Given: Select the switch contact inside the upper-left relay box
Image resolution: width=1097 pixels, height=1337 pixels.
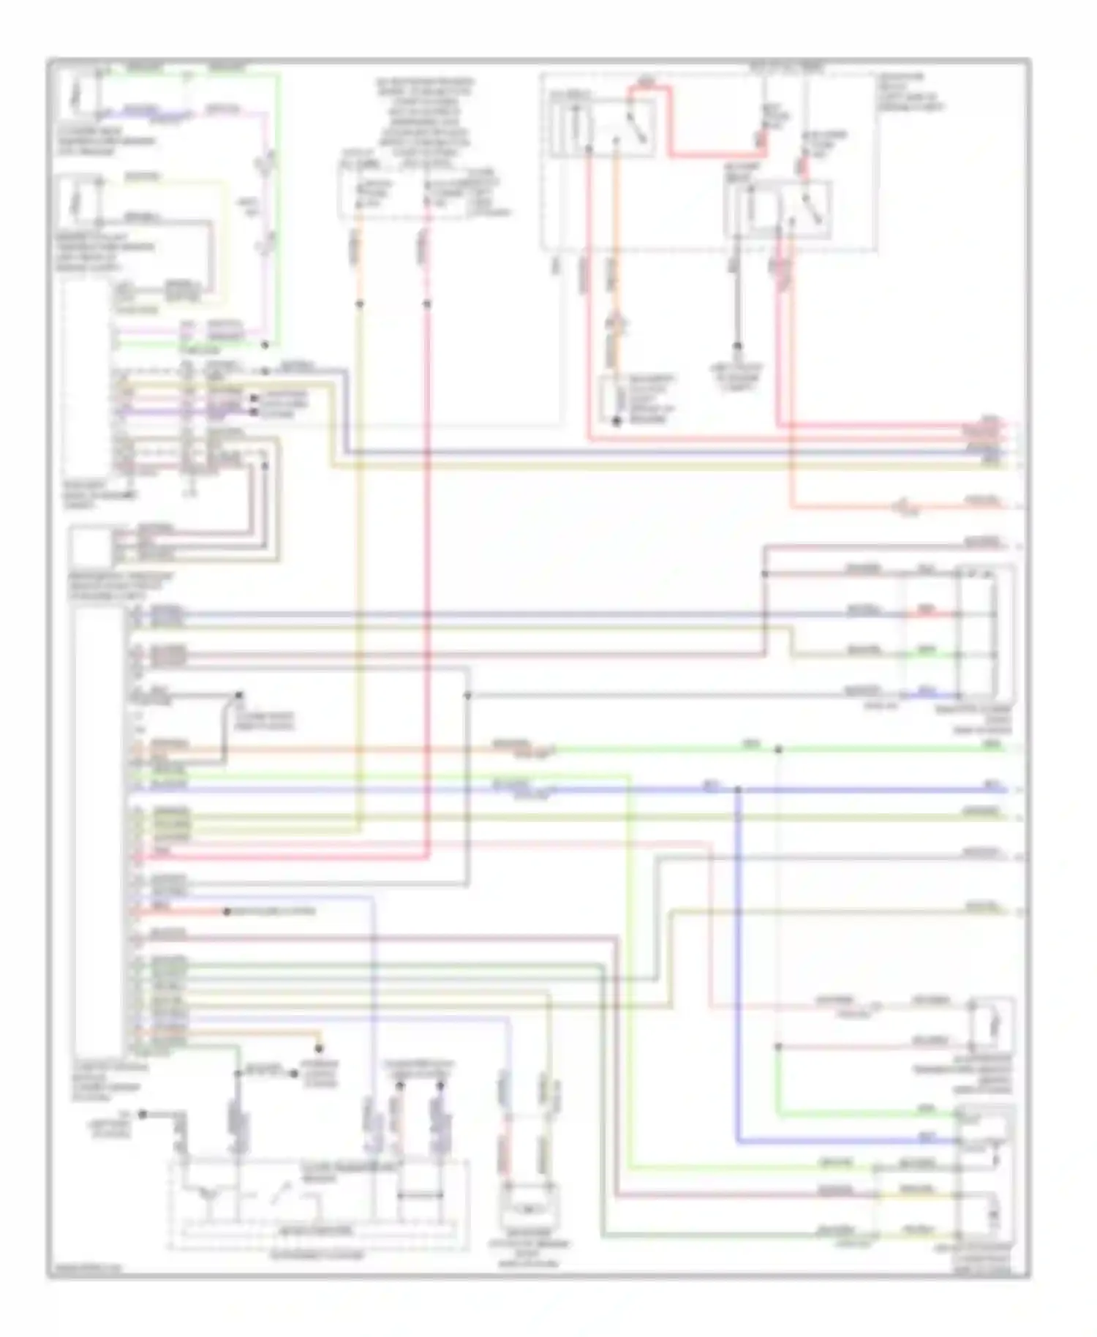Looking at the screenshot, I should click(636, 130).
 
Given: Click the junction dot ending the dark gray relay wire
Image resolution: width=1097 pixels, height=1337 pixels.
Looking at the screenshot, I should click(738, 347).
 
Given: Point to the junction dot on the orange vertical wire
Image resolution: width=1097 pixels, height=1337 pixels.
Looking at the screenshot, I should click(359, 303).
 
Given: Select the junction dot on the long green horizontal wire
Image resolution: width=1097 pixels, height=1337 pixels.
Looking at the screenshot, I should click(779, 749).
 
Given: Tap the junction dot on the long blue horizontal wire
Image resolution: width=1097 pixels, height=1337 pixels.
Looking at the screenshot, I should click(737, 790).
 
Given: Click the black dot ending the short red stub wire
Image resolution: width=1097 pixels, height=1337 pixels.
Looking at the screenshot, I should click(227, 912).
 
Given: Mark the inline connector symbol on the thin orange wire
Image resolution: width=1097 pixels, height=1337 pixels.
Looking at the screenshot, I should click(905, 505).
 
